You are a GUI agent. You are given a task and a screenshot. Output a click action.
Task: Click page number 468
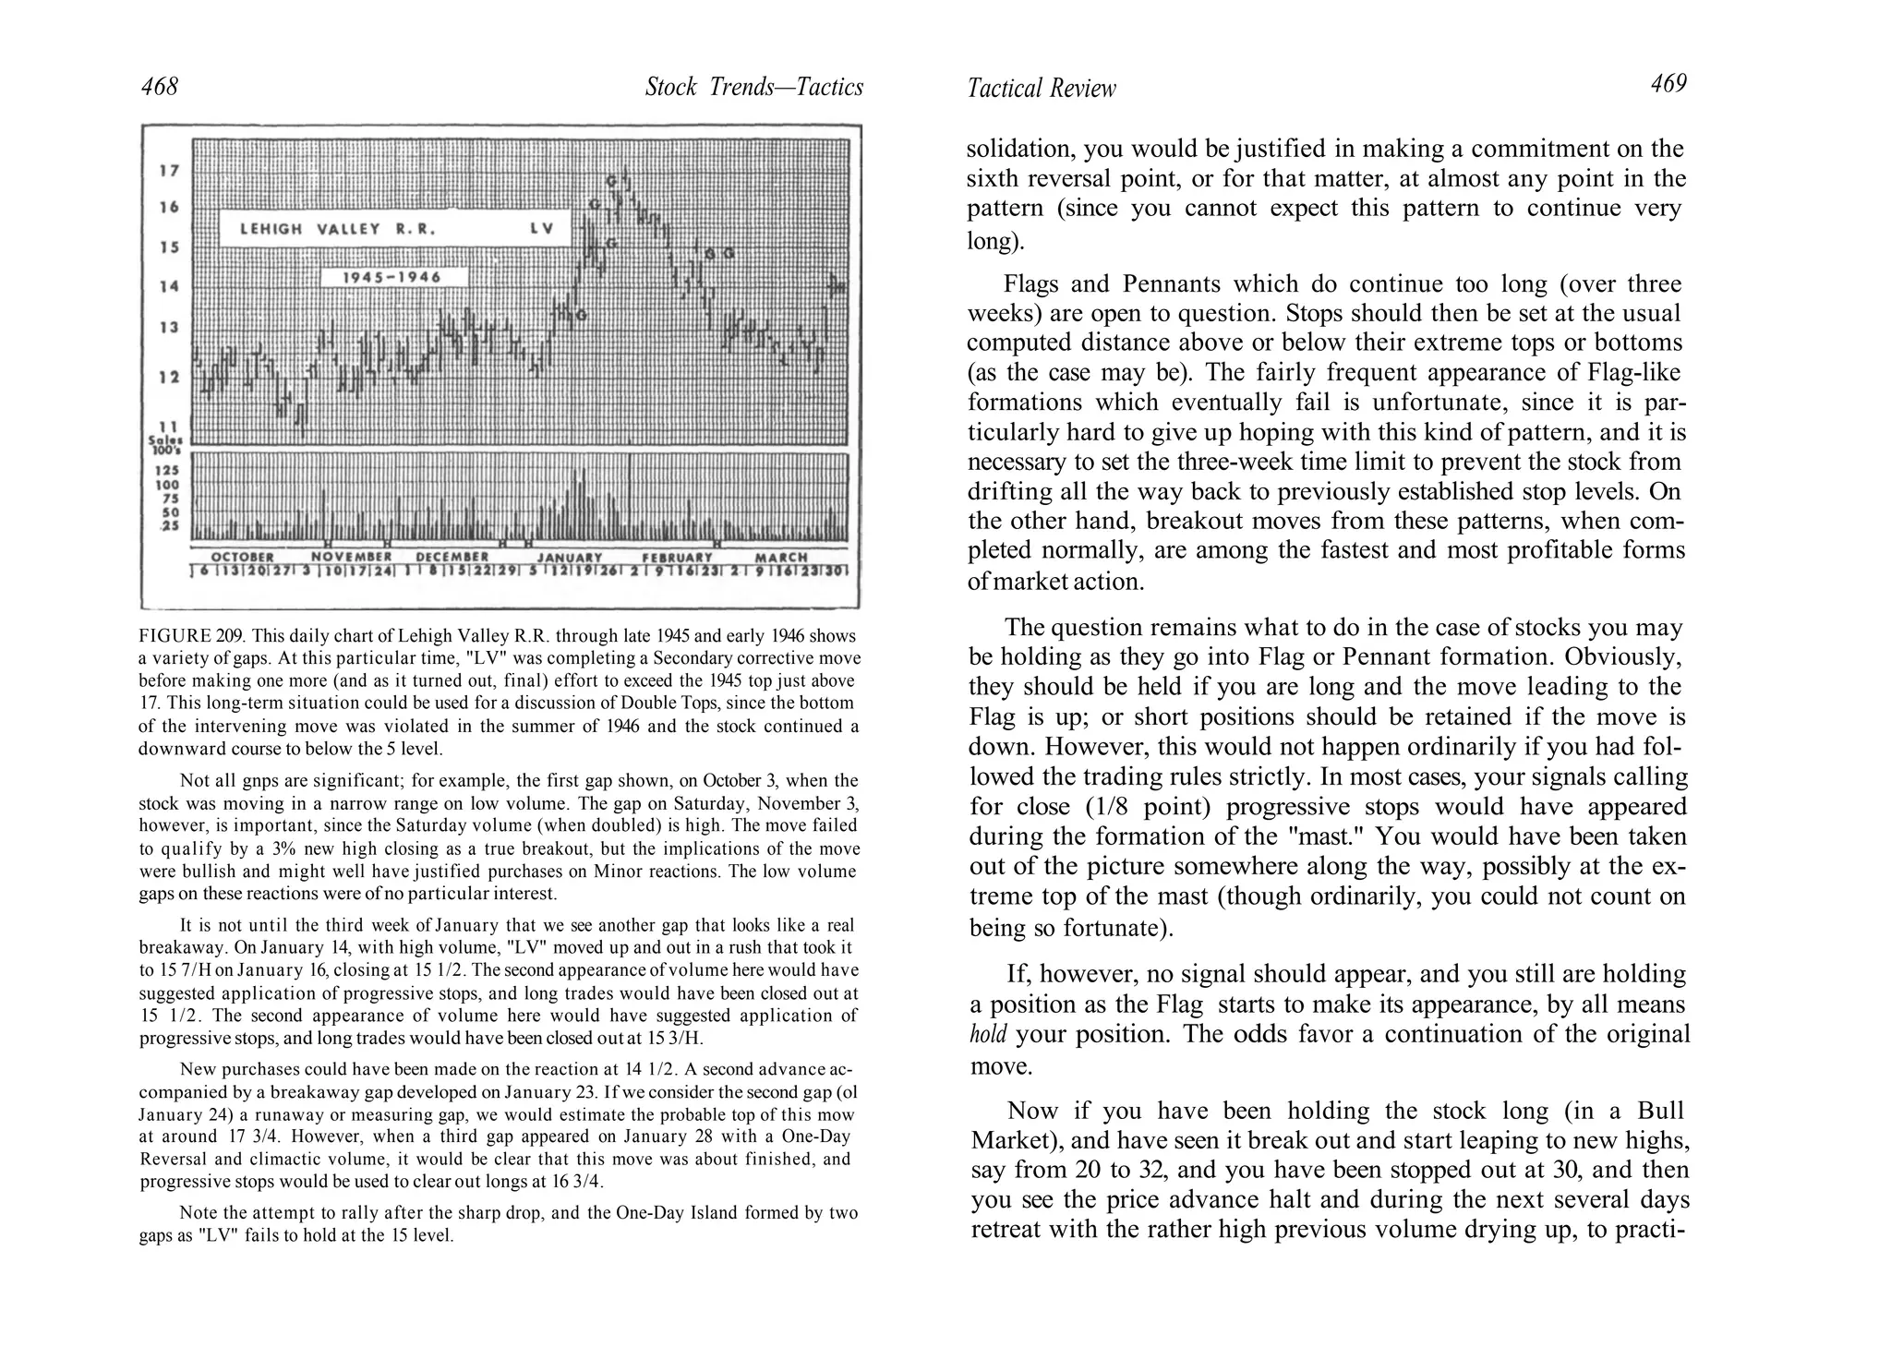point(159,87)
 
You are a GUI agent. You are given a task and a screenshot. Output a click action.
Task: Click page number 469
point(1668,84)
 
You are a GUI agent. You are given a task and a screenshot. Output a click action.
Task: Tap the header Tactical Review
point(1041,89)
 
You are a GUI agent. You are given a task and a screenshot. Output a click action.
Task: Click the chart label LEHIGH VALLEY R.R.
point(337,229)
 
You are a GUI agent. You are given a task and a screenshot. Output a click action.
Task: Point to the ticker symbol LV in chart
point(542,229)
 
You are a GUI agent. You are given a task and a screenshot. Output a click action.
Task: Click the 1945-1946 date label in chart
point(392,277)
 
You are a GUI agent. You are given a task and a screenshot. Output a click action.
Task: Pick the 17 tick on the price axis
point(168,171)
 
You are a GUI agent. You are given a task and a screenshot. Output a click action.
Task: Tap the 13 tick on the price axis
point(168,327)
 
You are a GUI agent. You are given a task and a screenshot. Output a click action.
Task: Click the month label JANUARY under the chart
point(570,558)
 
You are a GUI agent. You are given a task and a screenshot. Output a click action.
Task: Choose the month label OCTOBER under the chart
point(243,558)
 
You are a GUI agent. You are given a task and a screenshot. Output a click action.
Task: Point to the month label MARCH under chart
point(781,558)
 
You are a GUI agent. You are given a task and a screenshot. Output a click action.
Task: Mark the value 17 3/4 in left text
point(249,1137)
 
